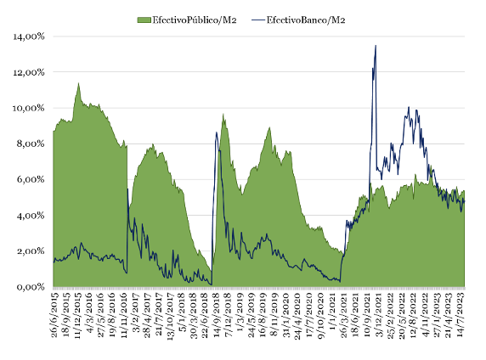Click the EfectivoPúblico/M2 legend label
coord(195,20)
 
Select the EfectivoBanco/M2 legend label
coord(306,20)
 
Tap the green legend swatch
coord(144,20)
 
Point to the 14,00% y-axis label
coord(29,37)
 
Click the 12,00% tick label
coord(29,72)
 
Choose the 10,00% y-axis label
coord(29,108)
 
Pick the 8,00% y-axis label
coord(31,143)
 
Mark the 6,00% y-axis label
coord(31,179)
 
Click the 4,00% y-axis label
coord(31,216)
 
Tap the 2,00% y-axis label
coord(31,251)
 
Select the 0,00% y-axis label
coord(31,287)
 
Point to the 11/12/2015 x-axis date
coord(77,314)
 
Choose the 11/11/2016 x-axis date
coord(124,314)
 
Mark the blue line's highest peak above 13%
coord(376,46)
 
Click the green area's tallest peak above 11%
coord(78,83)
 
